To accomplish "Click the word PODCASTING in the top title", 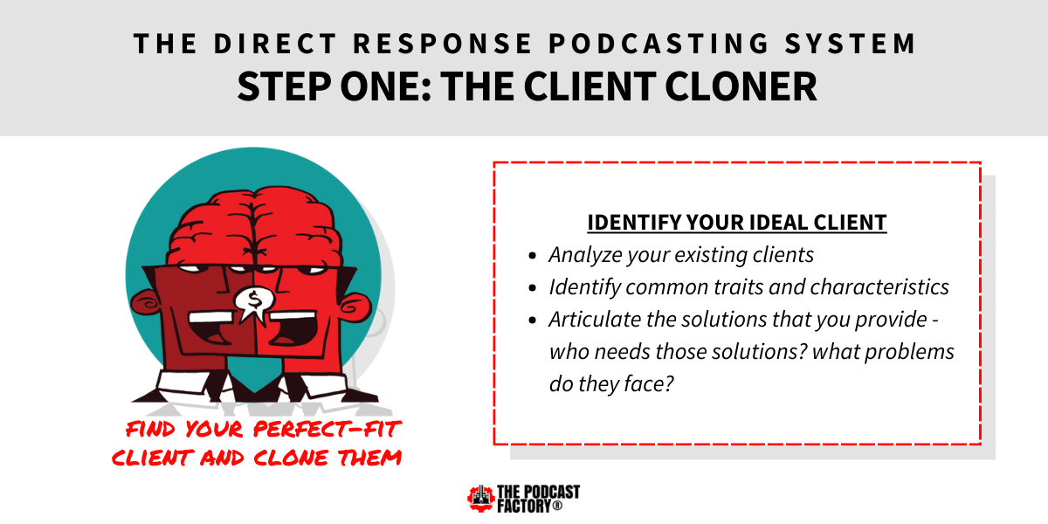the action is pos(658,44).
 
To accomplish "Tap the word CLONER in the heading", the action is pos(741,86).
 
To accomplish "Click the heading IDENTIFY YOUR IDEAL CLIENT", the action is pos(737,222).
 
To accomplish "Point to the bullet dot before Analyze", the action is pos(532,256).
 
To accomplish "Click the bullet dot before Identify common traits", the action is pos(532,288).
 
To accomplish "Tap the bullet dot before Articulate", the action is pos(532,321).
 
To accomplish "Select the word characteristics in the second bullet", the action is pos(879,286).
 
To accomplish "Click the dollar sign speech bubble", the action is pos(254,304).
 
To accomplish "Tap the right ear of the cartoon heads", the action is pos(355,307).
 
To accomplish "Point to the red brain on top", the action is pos(254,227).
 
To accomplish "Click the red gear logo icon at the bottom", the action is pos(480,499).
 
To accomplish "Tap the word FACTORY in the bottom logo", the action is pos(525,507).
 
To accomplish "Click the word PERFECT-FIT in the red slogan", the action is pos(327,429).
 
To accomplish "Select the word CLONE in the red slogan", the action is pos(291,458).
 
